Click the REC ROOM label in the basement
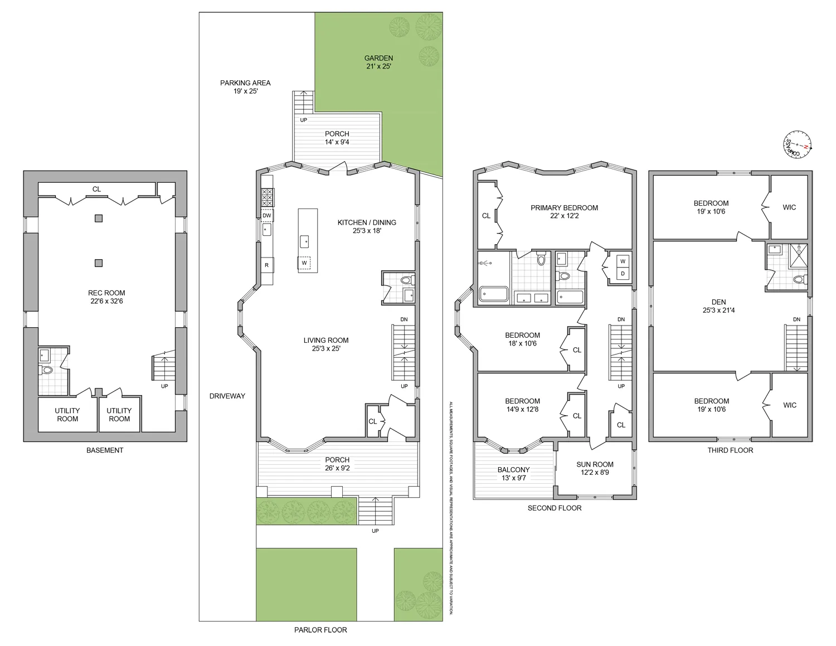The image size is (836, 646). tap(106, 293)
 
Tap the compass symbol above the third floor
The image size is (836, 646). tap(797, 143)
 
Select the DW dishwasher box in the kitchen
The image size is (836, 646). tap(267, 216)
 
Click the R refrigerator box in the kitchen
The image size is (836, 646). tap(267, 265)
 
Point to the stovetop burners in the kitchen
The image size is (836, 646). tap(268, 197)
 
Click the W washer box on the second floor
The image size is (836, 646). tap(623, 261)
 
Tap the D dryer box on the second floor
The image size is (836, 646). tap(623, 274)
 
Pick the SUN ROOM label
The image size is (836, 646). tap(595, 464)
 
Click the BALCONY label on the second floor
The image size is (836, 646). tap(513, 470)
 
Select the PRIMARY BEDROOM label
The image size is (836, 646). tap(564, 208)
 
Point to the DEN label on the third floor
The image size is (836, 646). tap(718, 302)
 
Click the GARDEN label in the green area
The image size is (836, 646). tap(378, 58)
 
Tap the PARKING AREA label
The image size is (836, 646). tap(245, 83)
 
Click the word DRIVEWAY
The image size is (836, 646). tap(227, 396)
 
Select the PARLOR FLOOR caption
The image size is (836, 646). tap(320, 630)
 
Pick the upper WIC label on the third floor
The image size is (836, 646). tap(789, 207)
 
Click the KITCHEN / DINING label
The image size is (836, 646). tap(367, 222)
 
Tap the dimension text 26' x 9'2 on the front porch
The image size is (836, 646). tap(337, 468)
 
